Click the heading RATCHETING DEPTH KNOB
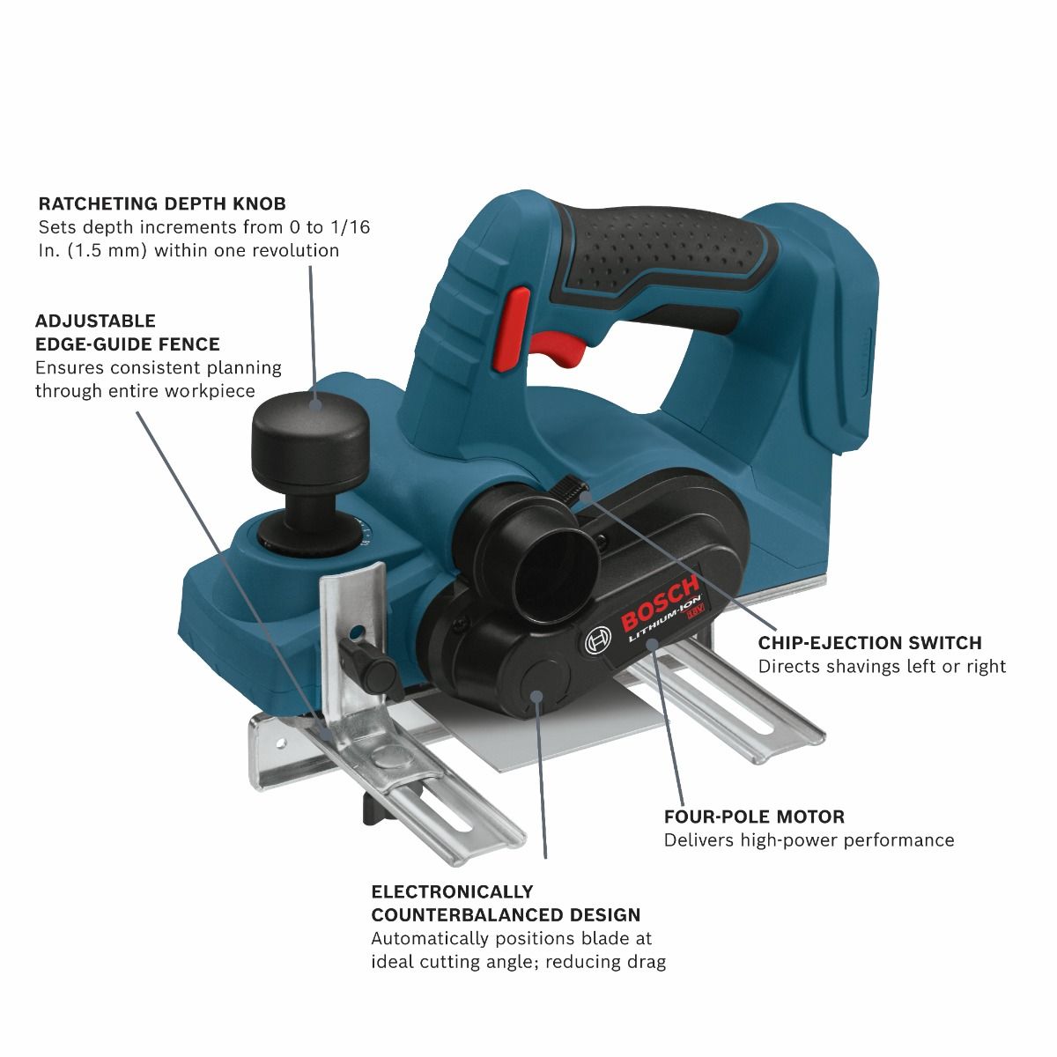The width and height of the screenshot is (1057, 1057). [161, 203]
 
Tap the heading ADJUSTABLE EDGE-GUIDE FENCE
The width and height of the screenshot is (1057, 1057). [127, 332]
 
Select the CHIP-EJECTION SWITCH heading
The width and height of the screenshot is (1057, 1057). [869, 643]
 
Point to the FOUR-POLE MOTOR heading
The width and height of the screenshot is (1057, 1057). [754, 817]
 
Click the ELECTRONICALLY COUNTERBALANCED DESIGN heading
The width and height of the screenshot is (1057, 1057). [505, 903]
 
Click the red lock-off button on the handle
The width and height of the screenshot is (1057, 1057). [512, 327]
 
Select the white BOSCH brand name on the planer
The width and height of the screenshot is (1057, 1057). [660, 603]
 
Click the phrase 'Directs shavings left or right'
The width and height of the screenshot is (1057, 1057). [882, 667]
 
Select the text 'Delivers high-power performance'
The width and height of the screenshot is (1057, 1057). [809, 840]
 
